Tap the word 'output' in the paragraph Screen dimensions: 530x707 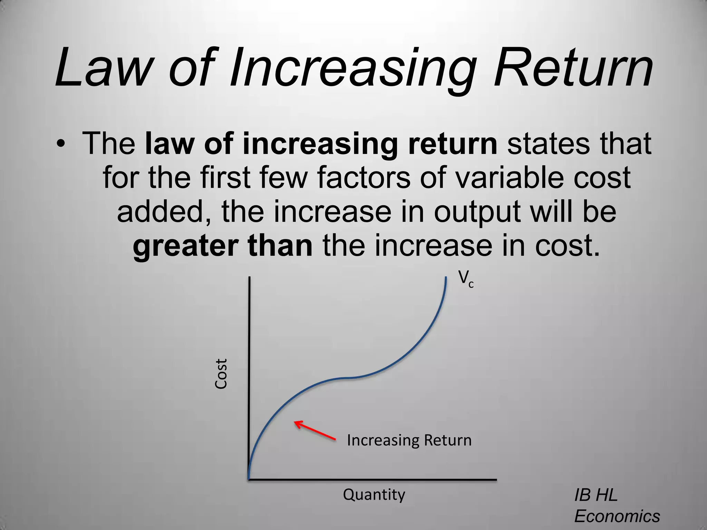[477, 213]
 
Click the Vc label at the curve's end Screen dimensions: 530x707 [466, 279]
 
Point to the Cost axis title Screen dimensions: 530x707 [221, 374]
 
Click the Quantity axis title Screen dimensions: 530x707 [374, 494]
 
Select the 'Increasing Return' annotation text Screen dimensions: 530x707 [409, 440]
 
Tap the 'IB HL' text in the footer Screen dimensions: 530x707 [595, 495]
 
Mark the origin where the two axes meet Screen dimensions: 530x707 [249, 479]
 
